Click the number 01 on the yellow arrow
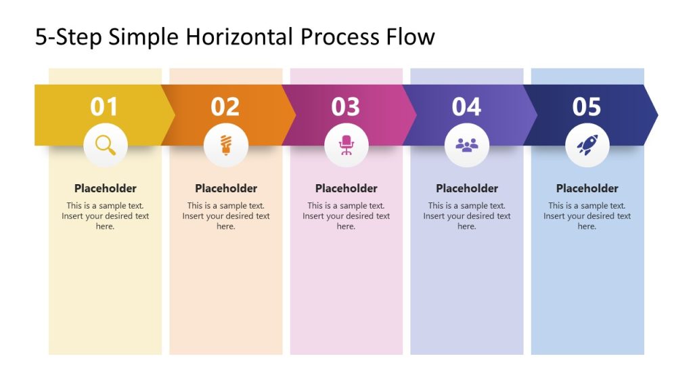coord(104,107)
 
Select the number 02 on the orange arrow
coord(225,107)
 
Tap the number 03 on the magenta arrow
coord(345,107)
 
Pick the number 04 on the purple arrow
coord(466,107)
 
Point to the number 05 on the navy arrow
coord(587,107)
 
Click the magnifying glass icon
coord(105,145)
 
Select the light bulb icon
coord(225,145)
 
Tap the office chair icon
coord(346,145)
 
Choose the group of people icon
coord(467,145)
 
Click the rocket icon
coord(587,145)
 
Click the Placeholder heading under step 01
coord(105,188)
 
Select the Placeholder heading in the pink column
coord(346,188)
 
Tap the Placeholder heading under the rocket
coord(587,188)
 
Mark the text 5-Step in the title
coord(68,37)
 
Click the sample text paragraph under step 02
coord(225,216)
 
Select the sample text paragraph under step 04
coord(467,216)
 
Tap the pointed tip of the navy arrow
coord(654,114)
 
